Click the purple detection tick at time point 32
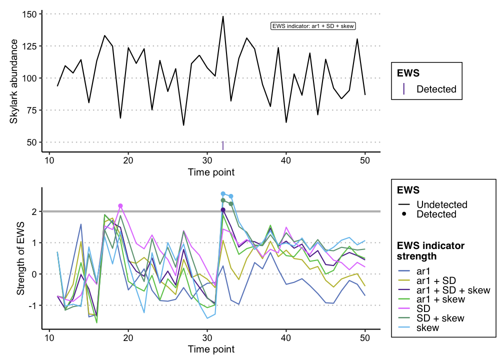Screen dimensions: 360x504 (223, 145)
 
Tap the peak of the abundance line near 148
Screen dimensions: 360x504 (223, 16)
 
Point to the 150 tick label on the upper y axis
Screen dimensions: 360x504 (29, 14)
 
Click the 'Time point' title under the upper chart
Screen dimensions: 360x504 (211, 172)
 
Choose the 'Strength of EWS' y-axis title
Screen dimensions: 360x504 (20, 258)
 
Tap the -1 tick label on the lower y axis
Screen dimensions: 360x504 (33, 305)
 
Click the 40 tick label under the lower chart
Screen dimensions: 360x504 (286, 338)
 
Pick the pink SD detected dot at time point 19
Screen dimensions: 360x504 (120, 206)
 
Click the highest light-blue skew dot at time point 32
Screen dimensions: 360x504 (223, 193)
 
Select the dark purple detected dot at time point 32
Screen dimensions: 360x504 (223, 210)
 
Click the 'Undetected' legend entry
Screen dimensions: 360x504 (441, 204)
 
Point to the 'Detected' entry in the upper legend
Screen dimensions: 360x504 (436, 89)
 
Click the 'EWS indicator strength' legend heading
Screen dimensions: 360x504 (430, 251)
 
